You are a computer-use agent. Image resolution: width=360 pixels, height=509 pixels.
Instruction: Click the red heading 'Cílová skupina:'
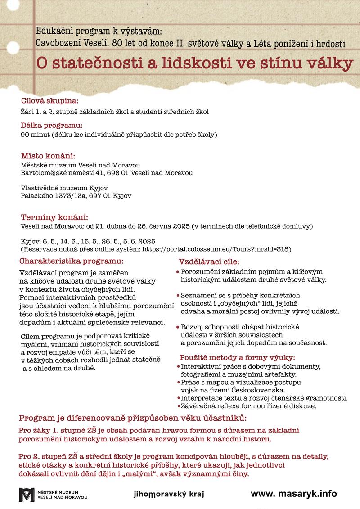(49, 100)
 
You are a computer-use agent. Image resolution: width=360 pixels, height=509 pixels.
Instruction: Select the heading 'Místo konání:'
(47, 156)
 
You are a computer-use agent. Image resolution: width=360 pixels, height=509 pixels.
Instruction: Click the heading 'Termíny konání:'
(54, 217)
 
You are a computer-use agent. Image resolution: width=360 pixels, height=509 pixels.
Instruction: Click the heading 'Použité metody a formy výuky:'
(237, 358)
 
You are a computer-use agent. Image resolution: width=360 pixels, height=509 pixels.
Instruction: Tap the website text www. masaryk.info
(293, 493)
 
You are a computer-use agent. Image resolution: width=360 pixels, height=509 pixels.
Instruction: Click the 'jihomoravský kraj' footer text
(169, 494)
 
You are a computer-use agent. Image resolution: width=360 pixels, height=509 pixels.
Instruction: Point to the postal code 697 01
(99, 196)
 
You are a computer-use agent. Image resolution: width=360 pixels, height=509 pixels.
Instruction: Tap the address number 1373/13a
(66, 196)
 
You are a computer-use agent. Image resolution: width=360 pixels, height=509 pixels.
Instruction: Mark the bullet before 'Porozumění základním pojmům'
(178, 272)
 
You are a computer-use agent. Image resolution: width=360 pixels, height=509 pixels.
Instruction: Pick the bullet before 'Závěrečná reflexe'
(178, 406)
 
